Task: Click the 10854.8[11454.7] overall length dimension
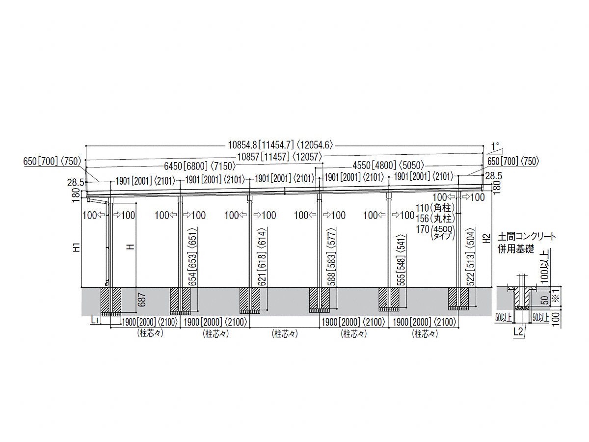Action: click(280, 145)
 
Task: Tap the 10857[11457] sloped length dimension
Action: click(280, 157)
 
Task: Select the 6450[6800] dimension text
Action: click(200, 166)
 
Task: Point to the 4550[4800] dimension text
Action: click(388, 166)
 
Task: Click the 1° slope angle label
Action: click(495, 146)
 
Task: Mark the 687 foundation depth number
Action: click(142, 300)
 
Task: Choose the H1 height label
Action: click(77, 247)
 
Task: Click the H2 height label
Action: click(487, 239)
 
